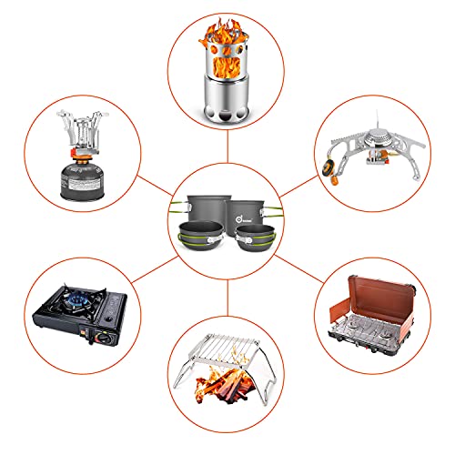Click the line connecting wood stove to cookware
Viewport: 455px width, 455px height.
(x=227, y=148)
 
